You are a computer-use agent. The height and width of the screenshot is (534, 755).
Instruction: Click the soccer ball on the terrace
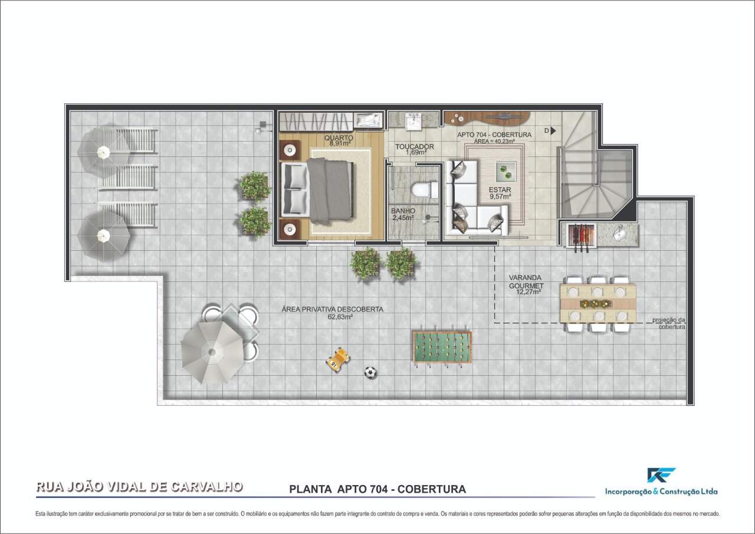point(370,372)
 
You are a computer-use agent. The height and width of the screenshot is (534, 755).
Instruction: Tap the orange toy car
point(337,359)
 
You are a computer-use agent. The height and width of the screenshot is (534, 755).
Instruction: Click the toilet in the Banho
point(422,190)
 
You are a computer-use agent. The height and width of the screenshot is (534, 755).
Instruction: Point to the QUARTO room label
point(339,138)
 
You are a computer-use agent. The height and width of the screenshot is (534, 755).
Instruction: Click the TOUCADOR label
point(414,147)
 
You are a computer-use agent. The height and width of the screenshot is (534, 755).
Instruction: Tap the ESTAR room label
point(499,190)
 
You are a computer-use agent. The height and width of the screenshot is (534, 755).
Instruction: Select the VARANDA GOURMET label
point(526,281)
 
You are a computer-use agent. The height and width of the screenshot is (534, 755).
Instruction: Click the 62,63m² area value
point(340,317)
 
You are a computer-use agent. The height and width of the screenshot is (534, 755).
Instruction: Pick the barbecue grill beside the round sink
point(579,236)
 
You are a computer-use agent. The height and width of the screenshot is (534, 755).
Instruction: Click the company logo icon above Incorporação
point(661,475)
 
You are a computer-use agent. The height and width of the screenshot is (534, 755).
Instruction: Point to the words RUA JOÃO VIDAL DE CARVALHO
point(139,487)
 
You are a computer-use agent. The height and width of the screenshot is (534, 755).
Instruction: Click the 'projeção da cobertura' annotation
point(668,323)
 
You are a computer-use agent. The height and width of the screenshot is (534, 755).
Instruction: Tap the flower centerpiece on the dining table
point(598,303)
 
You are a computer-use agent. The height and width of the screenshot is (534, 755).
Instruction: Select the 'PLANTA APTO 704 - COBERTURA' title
point(377,489)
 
